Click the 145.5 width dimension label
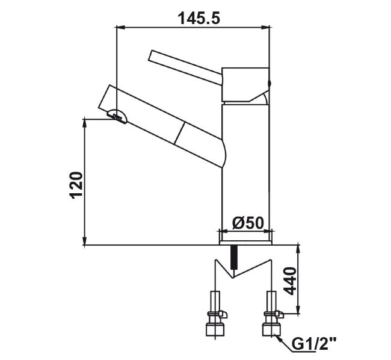(199, 19)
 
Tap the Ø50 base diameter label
(248, 223)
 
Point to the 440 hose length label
(290, 281)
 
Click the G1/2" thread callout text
(314, 344)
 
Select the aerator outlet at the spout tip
(117, 117)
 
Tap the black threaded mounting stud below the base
(233, 256)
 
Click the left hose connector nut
(215, 329)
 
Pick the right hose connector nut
(271, 329)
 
